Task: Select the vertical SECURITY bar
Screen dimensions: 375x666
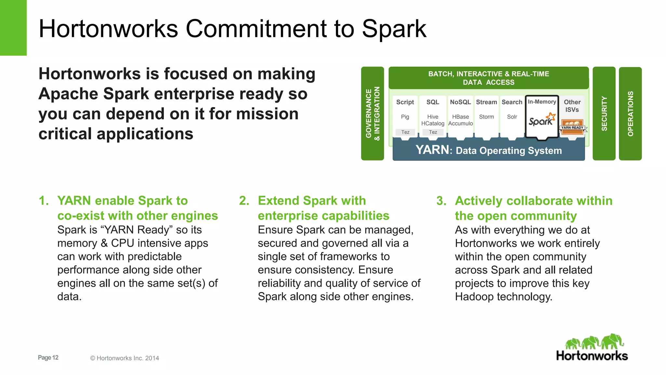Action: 604,114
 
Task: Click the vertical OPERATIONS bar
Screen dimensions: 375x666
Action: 630,114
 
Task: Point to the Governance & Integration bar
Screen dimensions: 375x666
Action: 373,114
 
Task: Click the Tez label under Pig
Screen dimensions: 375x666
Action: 405,132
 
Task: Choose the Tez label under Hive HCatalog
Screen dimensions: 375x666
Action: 433,132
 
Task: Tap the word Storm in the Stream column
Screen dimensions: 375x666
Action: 486,117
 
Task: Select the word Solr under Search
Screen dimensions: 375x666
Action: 512,117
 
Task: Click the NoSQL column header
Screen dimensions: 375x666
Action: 460,102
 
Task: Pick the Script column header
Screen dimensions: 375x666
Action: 405,102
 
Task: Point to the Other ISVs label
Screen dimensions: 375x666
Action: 572,106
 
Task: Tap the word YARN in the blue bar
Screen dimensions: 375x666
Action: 433,150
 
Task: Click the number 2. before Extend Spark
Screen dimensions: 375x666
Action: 244,201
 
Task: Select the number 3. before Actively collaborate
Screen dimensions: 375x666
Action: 441,201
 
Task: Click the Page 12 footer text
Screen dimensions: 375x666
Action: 48,357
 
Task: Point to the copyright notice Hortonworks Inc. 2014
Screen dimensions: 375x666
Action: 125,358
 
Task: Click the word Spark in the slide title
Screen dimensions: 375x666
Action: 394,29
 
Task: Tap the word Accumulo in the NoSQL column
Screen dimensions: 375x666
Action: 460,124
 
